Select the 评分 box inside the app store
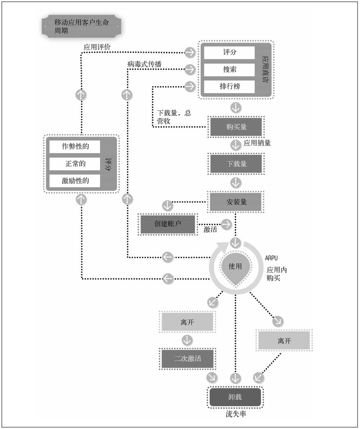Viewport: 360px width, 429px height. tap(229, 53)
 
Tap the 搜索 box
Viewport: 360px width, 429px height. tap(229, 69)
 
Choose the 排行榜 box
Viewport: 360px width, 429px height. tap(229, 86)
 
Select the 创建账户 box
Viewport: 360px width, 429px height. tap(168, 224)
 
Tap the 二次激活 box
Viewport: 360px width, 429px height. tap(187, 359)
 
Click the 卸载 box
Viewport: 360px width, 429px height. tap(235, 397)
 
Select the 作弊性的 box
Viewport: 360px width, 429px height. tap(75, 146)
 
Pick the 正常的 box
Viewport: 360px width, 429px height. tap(75, 163)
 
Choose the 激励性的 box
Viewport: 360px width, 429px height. tap(75, 181)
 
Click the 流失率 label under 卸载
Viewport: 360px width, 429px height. tap(236, 414)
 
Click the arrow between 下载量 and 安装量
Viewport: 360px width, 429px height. tap(236, 182)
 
